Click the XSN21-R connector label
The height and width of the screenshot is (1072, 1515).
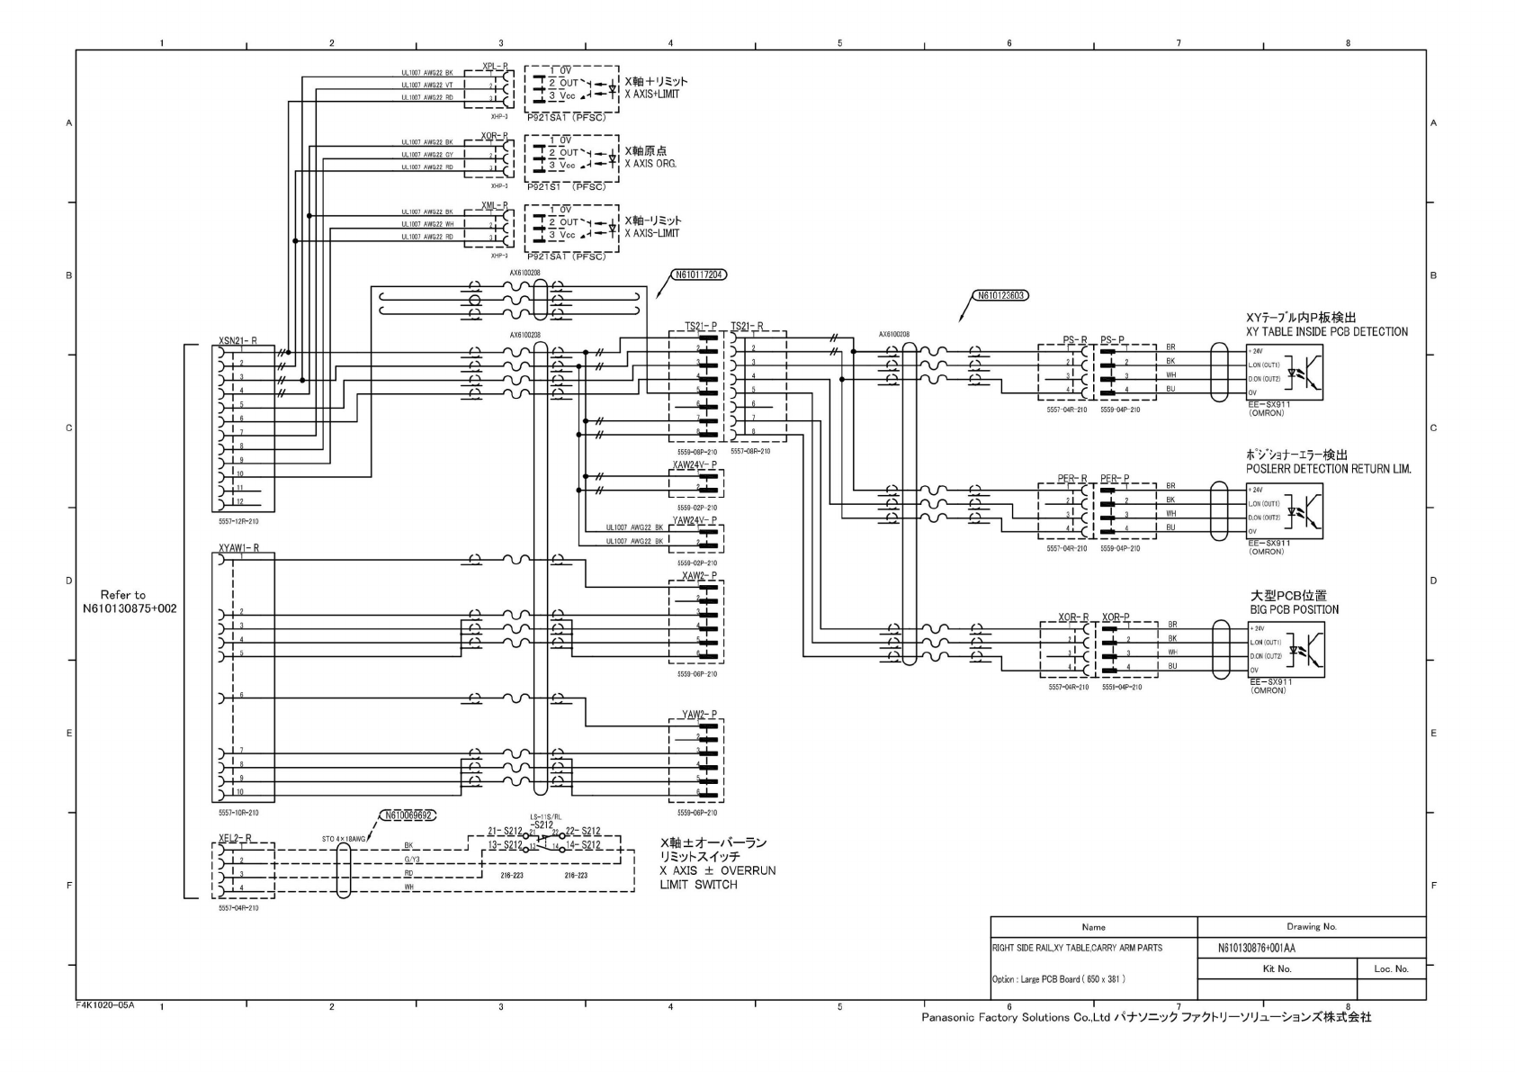238,341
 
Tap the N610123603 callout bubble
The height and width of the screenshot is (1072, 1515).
1001,295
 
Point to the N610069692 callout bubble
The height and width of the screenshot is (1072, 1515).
409,815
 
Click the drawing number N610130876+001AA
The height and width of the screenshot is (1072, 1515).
1256,948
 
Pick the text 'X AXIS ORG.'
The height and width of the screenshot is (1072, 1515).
650,164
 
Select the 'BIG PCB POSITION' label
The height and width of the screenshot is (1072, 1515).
1294,609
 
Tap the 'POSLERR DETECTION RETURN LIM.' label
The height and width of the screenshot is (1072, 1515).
1328,469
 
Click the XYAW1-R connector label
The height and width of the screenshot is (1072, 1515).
238,547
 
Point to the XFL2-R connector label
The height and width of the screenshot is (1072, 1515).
235,838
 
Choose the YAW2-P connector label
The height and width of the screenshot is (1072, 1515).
699,715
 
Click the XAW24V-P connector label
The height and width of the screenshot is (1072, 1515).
695,464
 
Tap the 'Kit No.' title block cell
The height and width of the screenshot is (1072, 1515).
1277,968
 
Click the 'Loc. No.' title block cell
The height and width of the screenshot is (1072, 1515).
1391,968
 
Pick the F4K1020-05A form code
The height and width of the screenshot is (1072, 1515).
105,1004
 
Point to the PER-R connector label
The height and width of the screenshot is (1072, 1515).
1072,479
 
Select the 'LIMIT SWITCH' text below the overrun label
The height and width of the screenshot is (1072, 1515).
698,885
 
